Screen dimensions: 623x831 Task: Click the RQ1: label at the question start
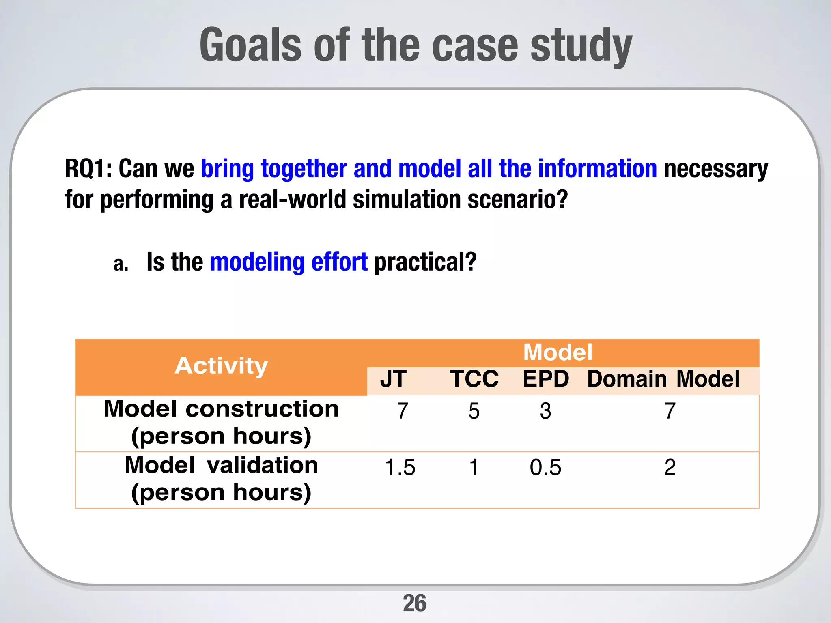88,168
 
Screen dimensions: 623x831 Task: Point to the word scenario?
517,200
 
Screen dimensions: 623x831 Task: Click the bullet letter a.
121,264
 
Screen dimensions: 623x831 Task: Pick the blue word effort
339,262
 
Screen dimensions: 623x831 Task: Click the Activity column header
221,366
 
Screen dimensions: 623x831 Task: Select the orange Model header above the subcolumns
558,352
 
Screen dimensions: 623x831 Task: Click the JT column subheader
393,379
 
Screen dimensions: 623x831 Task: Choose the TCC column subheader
474,379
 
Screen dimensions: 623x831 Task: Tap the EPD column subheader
546,379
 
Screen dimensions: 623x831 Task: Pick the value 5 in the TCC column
474,411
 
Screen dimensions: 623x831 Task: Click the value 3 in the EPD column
545,411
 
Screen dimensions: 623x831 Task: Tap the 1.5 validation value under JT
400,467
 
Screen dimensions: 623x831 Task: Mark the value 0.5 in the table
545,467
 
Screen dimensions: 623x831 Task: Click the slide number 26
414,603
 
